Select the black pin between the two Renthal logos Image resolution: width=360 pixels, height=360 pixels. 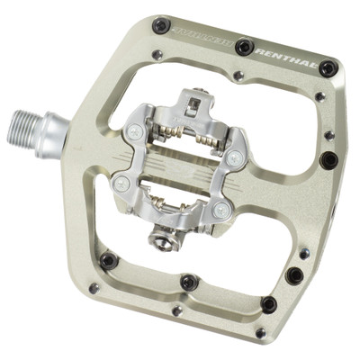(x=244, y=45)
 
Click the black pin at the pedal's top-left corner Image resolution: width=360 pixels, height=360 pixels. (x=160, y=25)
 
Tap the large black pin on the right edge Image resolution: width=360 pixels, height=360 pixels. (x=329, y=160)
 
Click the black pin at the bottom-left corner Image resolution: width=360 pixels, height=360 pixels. (x=109, y=260)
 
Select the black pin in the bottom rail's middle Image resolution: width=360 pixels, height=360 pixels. (x=188, y=282)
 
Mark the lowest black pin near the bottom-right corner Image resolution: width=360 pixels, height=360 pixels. (x=268, y=304)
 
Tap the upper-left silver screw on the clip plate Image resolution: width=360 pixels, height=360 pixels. (x=134, y=132)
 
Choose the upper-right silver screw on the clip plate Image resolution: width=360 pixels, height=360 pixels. (x=233, y=157)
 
